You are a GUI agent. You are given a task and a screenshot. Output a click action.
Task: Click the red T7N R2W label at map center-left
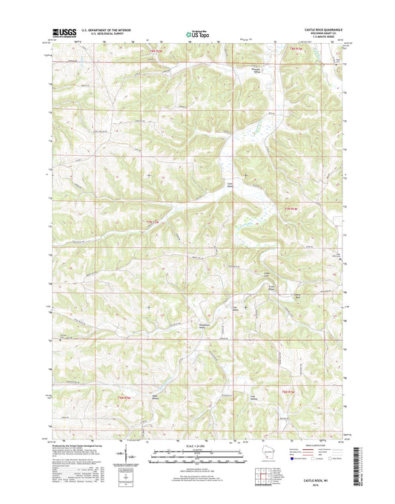[152, 222]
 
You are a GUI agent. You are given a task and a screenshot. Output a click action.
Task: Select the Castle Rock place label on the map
[296, 295]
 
